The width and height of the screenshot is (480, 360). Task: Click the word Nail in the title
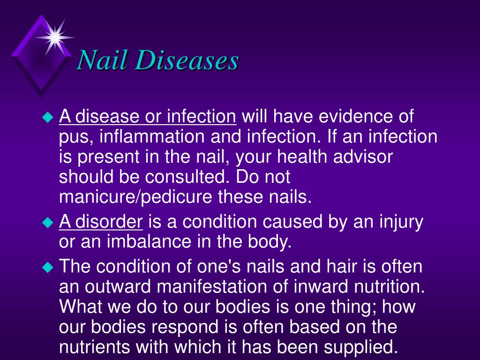[102, 60]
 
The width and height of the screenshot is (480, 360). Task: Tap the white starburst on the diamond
[55, 37]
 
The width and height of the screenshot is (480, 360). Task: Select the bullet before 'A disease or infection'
[48, 117]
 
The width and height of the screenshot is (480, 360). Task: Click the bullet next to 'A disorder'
[48, 222]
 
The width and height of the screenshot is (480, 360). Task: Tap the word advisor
[363, 156]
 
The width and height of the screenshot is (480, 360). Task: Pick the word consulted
[187, 176]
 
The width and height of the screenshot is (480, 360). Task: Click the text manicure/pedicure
[135, 197]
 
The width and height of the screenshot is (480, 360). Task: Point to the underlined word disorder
[109, 221]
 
